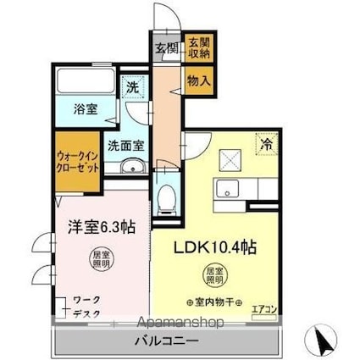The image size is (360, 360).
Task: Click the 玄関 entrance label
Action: pos(165,47)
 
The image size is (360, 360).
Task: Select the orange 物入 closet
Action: pos(197,81)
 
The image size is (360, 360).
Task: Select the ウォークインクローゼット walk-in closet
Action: pos(77,161)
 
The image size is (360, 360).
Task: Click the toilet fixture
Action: pos(168,197)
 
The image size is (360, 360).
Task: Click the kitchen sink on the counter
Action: pos(227,188)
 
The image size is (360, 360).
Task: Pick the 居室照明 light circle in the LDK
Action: pos(215,275)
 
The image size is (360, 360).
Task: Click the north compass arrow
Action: pos(324,341)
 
